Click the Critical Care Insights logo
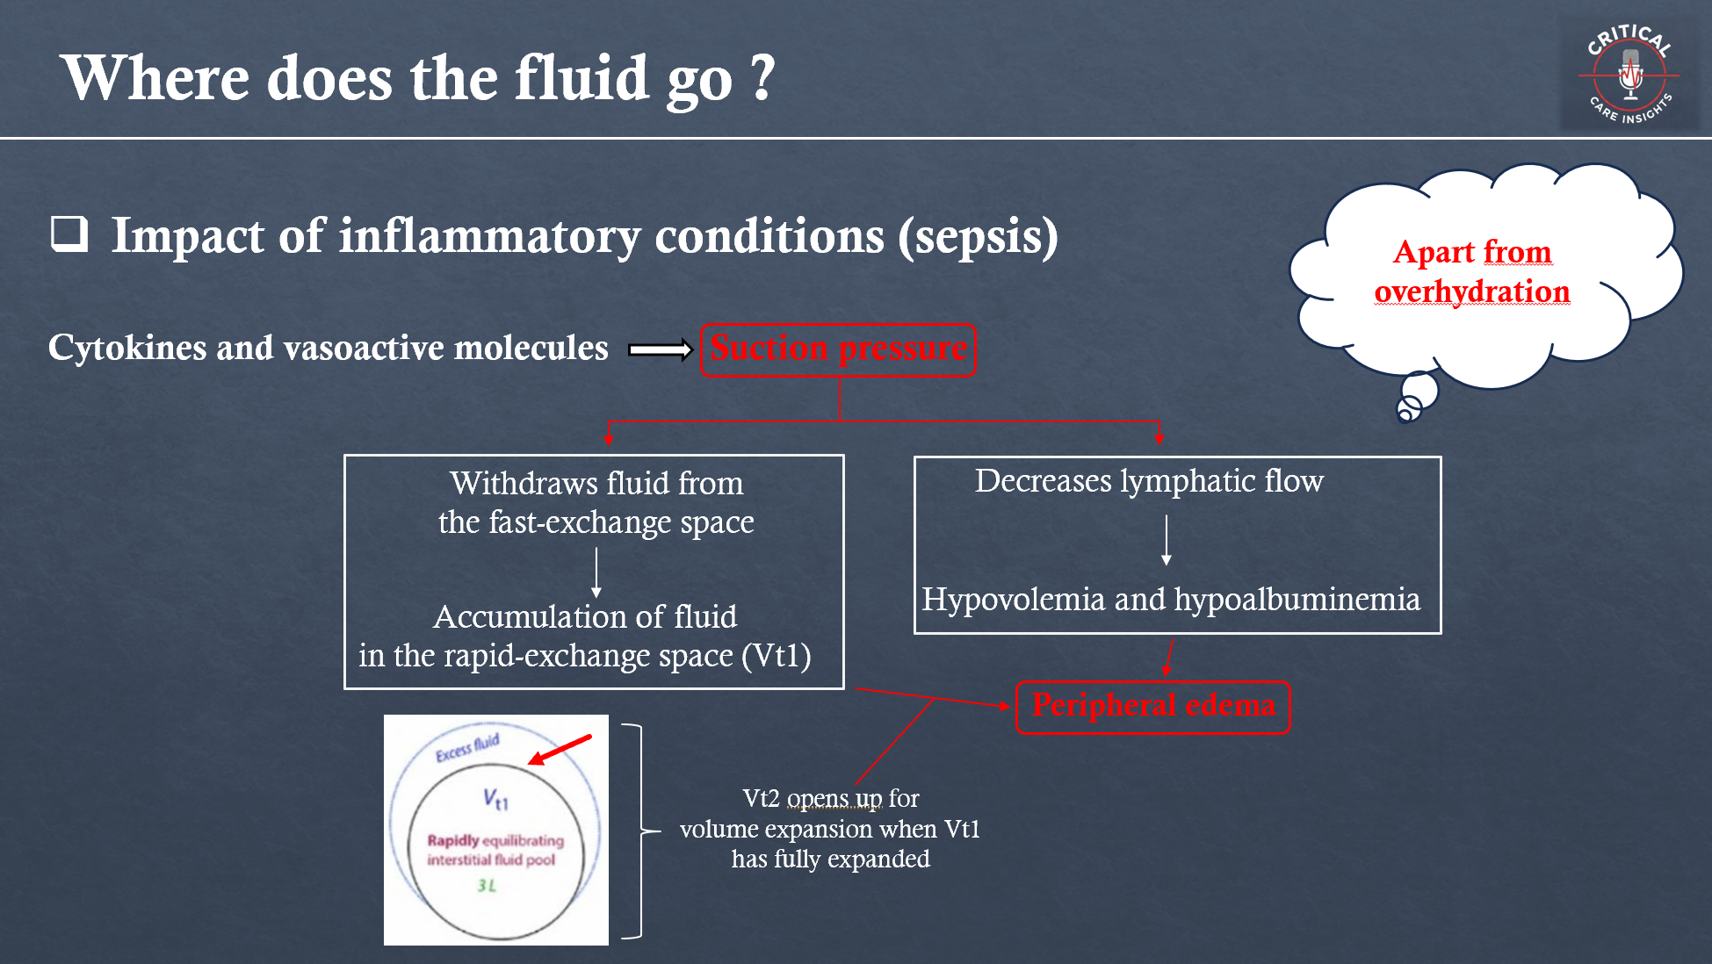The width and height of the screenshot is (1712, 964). (x=1629, y=76)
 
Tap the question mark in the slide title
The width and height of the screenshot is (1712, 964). (x=762, y=77)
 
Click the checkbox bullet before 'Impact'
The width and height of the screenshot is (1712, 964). (x=69, y=234)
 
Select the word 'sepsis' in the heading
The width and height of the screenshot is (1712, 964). (x=978, y=236)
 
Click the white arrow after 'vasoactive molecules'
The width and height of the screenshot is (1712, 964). (x=661, y=350)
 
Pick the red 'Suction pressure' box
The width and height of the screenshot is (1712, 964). (x=838, y=349)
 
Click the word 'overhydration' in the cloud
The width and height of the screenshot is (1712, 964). (x=1471, y=291)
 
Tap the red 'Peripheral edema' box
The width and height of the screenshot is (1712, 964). (x=1152, y=706)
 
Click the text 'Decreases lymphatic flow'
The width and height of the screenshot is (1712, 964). (x=1148, y=481)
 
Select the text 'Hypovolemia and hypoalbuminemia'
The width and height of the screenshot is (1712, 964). (x=1170, y=600)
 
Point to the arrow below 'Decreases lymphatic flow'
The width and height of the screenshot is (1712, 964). (x=1167, y=540)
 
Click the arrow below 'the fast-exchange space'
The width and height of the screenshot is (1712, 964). (x=596, y=572)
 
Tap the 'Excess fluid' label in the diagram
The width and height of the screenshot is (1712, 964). (x=467, y=747)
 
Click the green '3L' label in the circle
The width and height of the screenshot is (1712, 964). (x=487, y=885)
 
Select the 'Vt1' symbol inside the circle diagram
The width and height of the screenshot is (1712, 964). (x=495, y=798)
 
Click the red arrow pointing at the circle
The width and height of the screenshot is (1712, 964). (x=560, y=750)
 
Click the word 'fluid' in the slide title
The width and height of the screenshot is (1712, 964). (x=581, y=78)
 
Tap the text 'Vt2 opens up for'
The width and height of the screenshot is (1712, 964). (x=830, y=798)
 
